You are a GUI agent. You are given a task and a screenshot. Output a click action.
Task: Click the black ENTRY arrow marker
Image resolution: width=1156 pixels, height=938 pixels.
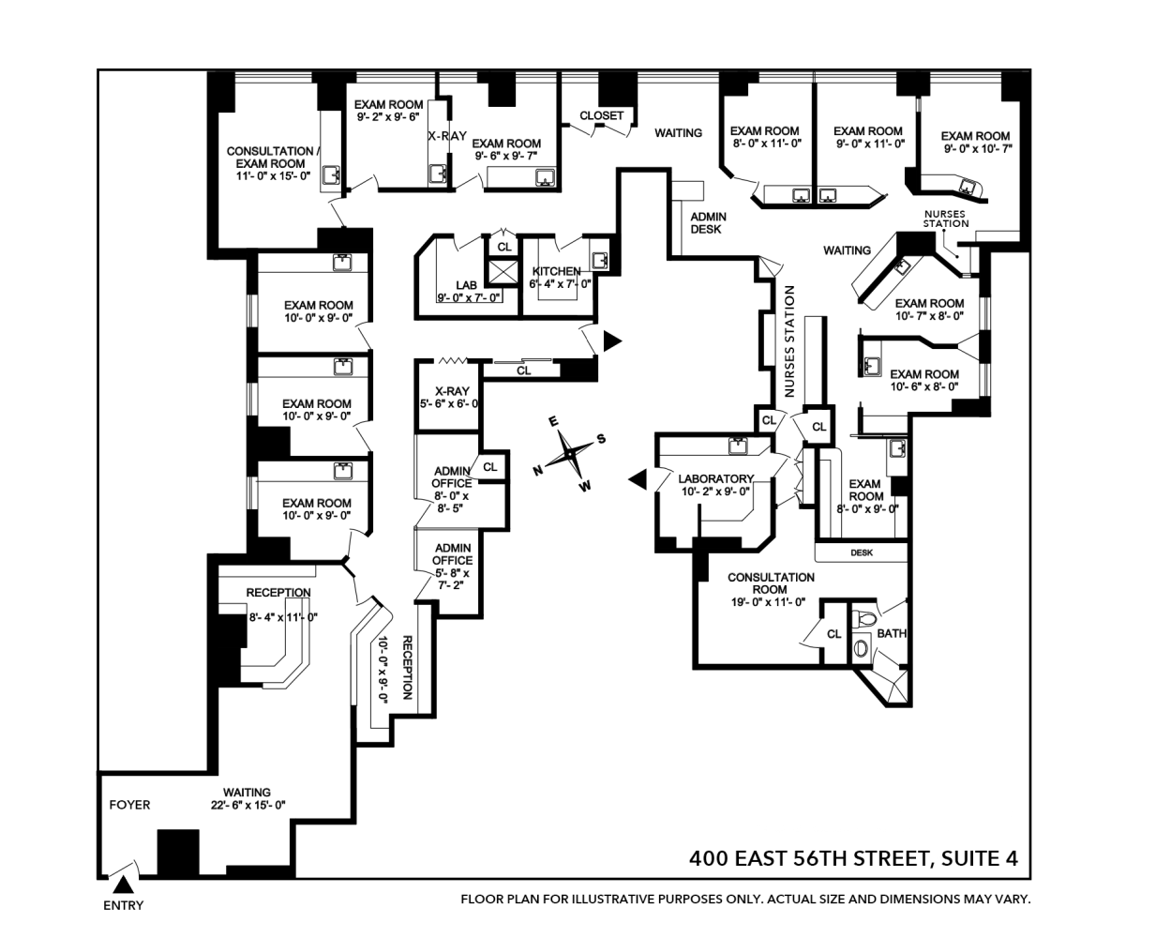click(122, 885)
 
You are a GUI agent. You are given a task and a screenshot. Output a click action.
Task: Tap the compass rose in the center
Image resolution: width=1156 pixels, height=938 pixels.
click(569, 455)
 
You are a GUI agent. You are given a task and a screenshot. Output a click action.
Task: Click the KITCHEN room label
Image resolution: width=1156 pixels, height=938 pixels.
click(556, 271)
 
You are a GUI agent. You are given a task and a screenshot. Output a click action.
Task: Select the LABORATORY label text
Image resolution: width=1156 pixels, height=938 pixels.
click(715, 478)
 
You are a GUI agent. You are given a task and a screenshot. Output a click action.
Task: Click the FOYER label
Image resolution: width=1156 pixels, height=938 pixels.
click(129, 805)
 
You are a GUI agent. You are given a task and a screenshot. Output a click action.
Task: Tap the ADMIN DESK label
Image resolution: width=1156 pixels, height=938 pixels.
click(708, 223)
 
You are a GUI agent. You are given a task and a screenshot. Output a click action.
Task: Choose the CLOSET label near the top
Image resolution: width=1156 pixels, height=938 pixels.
click(601, 116)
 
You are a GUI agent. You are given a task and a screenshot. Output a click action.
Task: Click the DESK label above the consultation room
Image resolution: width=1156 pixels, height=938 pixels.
click(862, 553)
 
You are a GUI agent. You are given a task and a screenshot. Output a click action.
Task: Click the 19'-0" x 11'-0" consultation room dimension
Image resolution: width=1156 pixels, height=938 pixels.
click(768, 602)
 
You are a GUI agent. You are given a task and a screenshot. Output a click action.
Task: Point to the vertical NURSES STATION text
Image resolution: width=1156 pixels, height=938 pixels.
click(789, 341)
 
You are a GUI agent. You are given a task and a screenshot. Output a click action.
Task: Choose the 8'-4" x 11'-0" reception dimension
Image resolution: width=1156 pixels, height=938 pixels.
click(282, 617)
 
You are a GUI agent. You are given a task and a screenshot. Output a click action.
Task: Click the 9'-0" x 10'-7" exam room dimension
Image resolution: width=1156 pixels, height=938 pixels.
click(976, 148)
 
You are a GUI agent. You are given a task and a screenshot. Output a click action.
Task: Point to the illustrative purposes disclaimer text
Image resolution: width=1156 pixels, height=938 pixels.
click(745, 900)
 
